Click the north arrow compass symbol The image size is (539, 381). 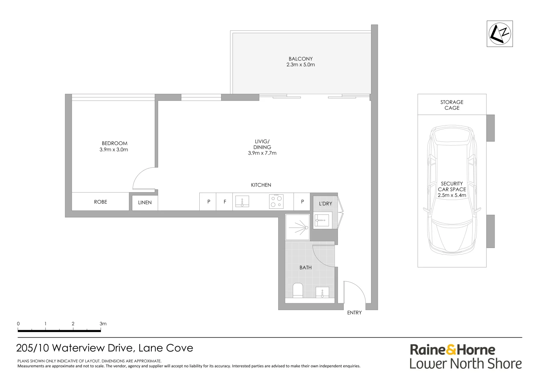pos(499,34)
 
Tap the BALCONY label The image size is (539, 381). pos(301,59)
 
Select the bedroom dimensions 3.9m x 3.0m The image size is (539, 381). pos(114,150)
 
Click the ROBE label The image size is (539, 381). pos(101,202)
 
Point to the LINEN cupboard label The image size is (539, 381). pos(145,202)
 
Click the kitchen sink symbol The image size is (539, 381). pos(242,201)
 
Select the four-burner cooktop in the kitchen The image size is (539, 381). pos(276,201)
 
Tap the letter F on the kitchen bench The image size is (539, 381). pos(225,202)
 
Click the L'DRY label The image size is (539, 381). pos(325,204)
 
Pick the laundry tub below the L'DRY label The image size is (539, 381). pos(321,220)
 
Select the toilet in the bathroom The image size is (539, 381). pos(298,290)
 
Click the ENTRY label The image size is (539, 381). pos(354,313)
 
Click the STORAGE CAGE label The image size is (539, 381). pos(452,105)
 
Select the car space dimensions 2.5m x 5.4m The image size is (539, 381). pos(452,195)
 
